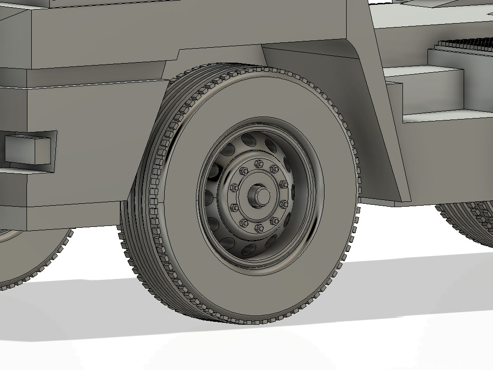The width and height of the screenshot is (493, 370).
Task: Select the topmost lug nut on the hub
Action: pos(258,164)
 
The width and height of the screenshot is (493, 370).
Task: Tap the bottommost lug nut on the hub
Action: pos(259,228)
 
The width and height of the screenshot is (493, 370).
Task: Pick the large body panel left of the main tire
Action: pos(87,145)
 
